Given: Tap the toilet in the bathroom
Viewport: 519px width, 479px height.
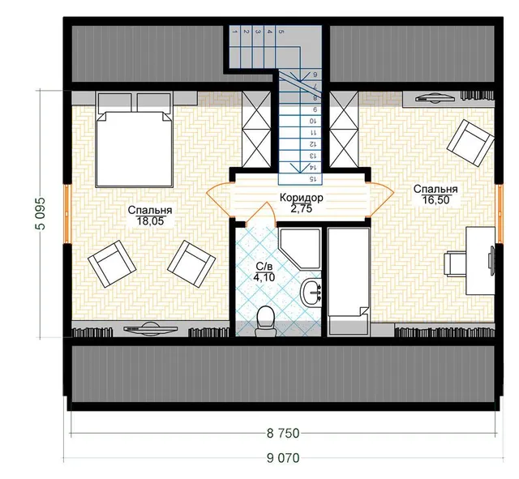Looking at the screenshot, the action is tap(265, 321).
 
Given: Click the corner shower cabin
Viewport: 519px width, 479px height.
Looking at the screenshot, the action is tap(299, 247).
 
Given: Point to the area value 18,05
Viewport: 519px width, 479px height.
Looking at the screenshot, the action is tap(150, 221).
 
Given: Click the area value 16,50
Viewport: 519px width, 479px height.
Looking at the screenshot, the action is tap(436, 200).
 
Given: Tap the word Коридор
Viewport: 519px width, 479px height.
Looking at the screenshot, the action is tap(301, 198).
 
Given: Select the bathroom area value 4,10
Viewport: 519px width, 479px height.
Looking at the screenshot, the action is tap(264, 277).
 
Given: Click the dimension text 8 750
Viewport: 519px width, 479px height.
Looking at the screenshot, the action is tap(283, 433).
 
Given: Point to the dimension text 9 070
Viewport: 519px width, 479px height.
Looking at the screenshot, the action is tap(283, 458).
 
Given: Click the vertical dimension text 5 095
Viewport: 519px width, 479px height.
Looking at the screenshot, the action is tap(40, 214).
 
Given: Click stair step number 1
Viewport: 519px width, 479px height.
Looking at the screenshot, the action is tap(234, 32).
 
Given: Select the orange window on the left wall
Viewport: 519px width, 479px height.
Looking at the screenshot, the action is tap(67, 214).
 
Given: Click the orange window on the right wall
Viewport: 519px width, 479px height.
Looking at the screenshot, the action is tap(499, 214).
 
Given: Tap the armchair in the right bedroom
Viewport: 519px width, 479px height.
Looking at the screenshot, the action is tap(470, 143).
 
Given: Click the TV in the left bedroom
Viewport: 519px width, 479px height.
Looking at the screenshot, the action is tap(150, 328).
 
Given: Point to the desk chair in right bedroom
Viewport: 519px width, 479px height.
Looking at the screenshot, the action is tap(455, 263).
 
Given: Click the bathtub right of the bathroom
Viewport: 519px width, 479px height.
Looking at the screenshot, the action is tap(348, 282).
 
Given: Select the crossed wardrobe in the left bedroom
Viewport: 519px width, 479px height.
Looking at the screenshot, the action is tap(256, 130).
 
